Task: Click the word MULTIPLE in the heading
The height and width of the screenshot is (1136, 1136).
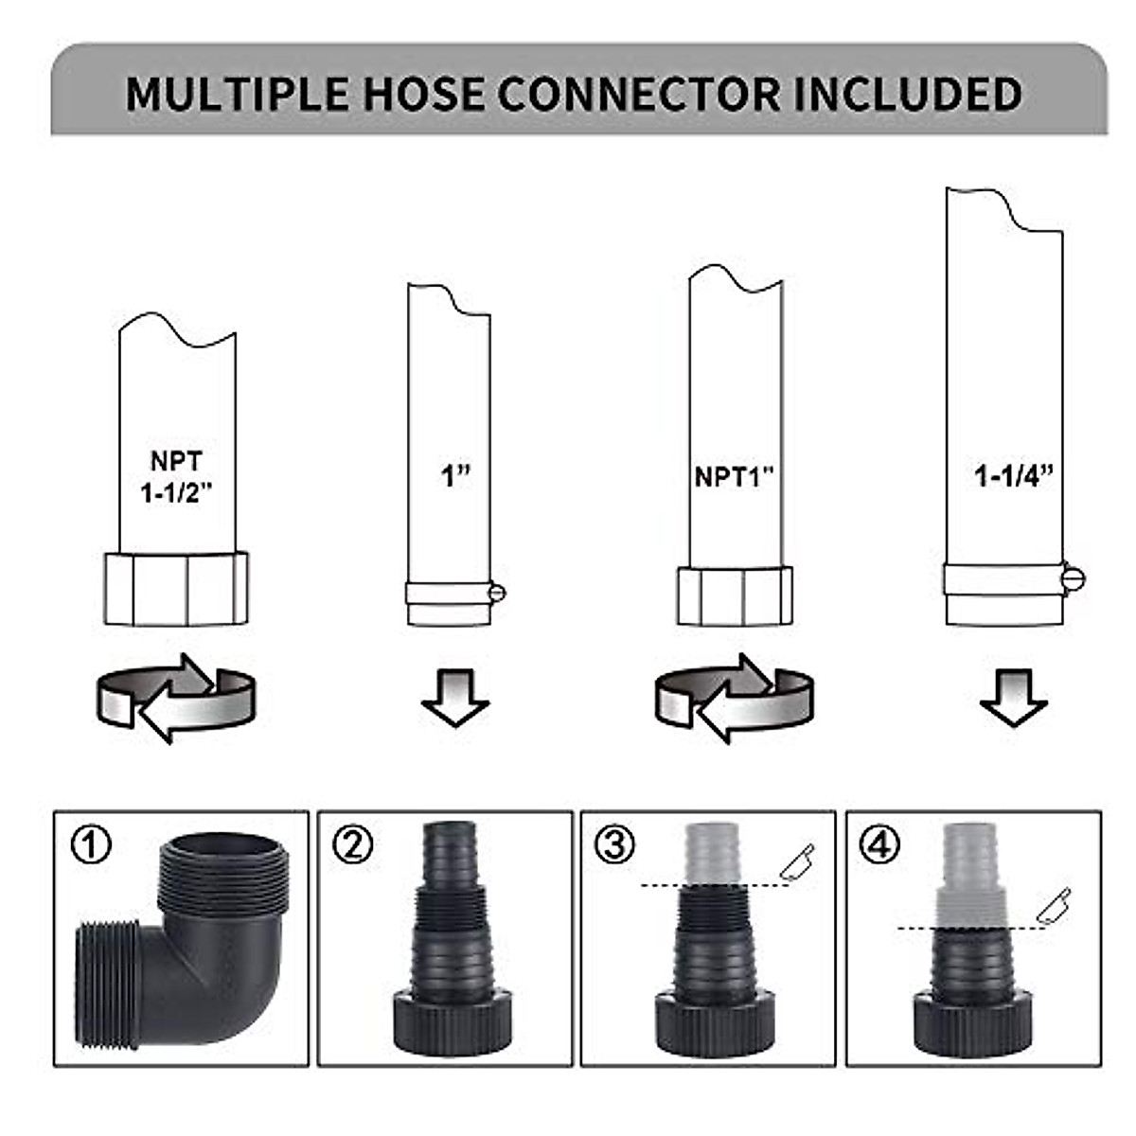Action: pyautogui.click(x=236, y=95)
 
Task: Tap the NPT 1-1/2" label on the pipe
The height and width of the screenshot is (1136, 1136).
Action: pyautogui.click(x=176, y=476)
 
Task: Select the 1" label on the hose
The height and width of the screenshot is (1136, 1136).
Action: pyautogui.click(x=455, y=474)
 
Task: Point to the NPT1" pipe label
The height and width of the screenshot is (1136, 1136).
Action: pyautogui.click(x=735, y=476)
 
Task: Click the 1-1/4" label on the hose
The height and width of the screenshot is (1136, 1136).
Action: pyautogui.click(x=1013, y=474)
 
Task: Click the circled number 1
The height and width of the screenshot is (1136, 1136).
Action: pyautogui.click(x=91, y=843)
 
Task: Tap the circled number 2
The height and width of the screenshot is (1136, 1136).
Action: pyautogui.click(x=353, y=843)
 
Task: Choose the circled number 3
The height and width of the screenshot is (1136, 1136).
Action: pyautogui.click(x=615, y=843)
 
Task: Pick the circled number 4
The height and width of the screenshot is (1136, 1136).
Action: pyautogui.click(x=879, y=843)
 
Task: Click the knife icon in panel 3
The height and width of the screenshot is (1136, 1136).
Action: pyautogui.click(x=797, y=860)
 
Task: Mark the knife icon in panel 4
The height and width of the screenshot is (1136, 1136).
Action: pyautogui.click(x=1053, y=905)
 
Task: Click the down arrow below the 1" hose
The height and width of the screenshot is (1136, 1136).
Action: pyautogui.click(x=455, y=697)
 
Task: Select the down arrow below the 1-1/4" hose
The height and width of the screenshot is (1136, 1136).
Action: pyautogui.click(x=1013, y=697)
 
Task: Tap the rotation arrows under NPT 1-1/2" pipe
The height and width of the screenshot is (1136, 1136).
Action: pyautogui.click(x=175, y=699)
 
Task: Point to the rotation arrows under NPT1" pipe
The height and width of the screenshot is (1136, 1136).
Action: pyautogui.click(x=734, y=699)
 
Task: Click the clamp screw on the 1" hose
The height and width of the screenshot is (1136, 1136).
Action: pyautogui.click(x=498, y=594)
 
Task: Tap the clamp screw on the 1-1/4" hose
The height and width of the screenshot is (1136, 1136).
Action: pyautogui.click(x=1074, y=577)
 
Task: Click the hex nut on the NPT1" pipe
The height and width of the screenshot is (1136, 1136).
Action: pyautogui.click(x=735, y=595)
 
